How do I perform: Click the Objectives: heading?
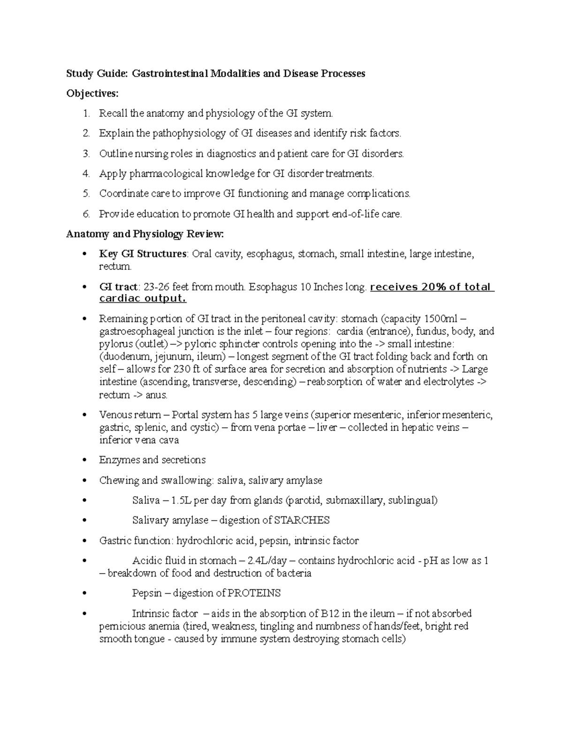pos(92,94)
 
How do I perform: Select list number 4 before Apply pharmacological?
pos(86,174)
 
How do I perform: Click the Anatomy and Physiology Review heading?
pos(145,234)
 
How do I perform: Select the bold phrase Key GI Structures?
pos(143,254)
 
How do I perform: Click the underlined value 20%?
pos(434,287)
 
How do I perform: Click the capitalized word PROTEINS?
pos(254,593)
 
